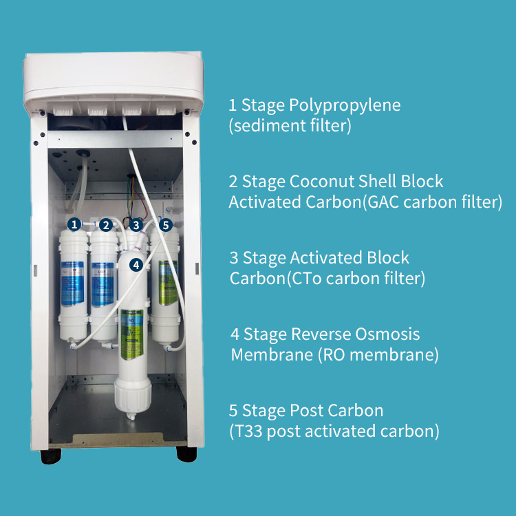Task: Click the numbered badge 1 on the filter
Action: pos(74,224)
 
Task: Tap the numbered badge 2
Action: pos(105,224)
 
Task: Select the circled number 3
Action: pos(136,224)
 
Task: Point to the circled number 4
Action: pos(136,264)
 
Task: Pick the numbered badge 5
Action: pos(165,224)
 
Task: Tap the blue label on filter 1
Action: pos(72,282)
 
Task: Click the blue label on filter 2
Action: pos(104,282)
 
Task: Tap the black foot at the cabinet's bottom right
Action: pos(186,454)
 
